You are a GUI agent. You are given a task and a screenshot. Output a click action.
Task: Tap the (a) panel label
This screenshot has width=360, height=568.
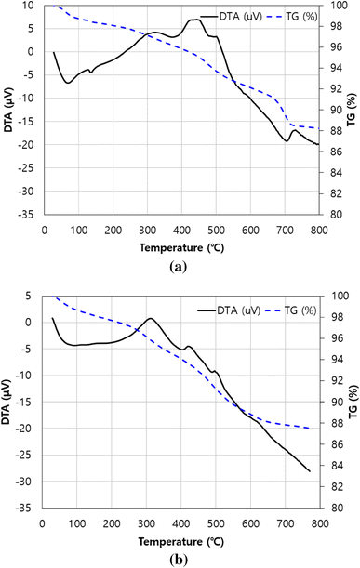(x=180, y=264)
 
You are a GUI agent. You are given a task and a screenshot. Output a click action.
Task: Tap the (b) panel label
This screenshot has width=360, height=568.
(x=180, y=556)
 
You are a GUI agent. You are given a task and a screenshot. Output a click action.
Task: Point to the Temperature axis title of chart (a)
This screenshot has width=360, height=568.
(x=180, y=248)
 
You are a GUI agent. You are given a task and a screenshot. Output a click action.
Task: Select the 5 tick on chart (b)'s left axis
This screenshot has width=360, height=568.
(x=32, y=297)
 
